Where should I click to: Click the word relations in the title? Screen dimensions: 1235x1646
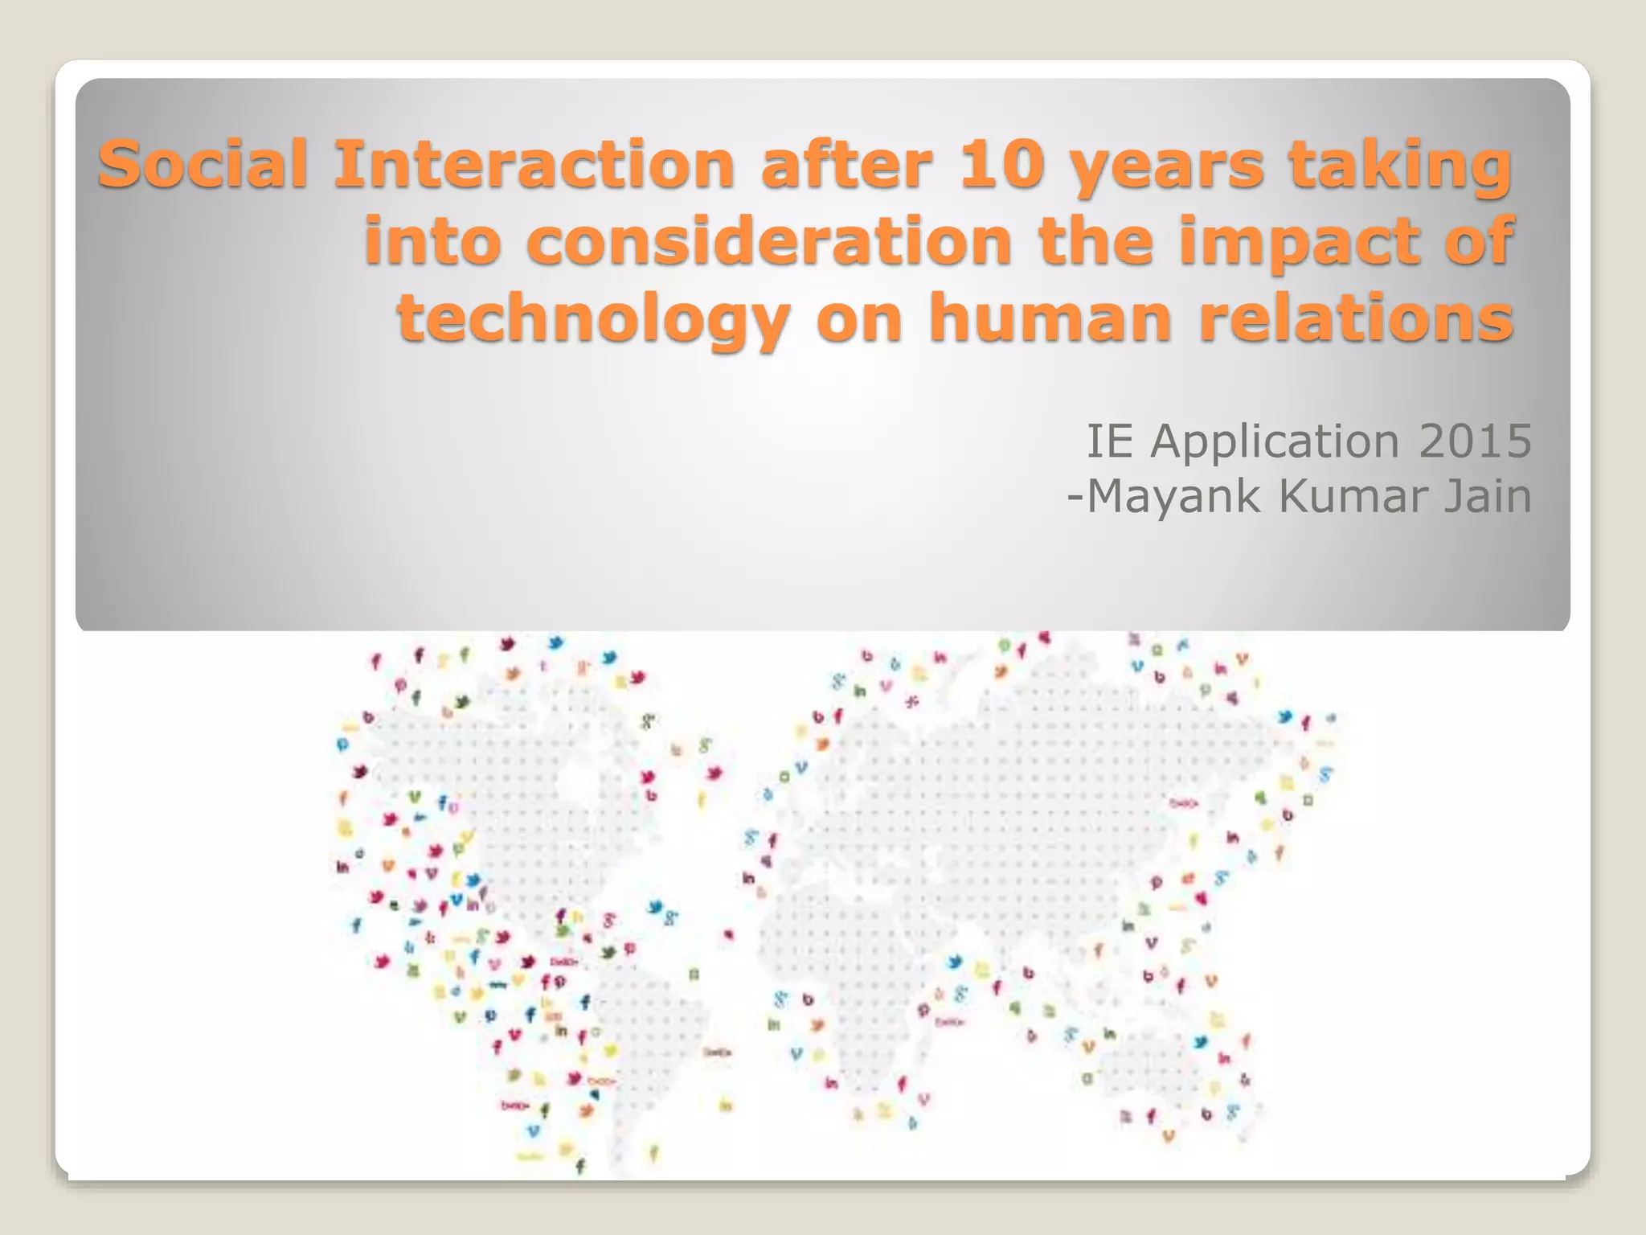(1356, 318)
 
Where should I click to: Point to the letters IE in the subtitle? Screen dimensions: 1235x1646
(1109, 441)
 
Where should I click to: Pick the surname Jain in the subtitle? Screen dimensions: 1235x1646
(1488, 496)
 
